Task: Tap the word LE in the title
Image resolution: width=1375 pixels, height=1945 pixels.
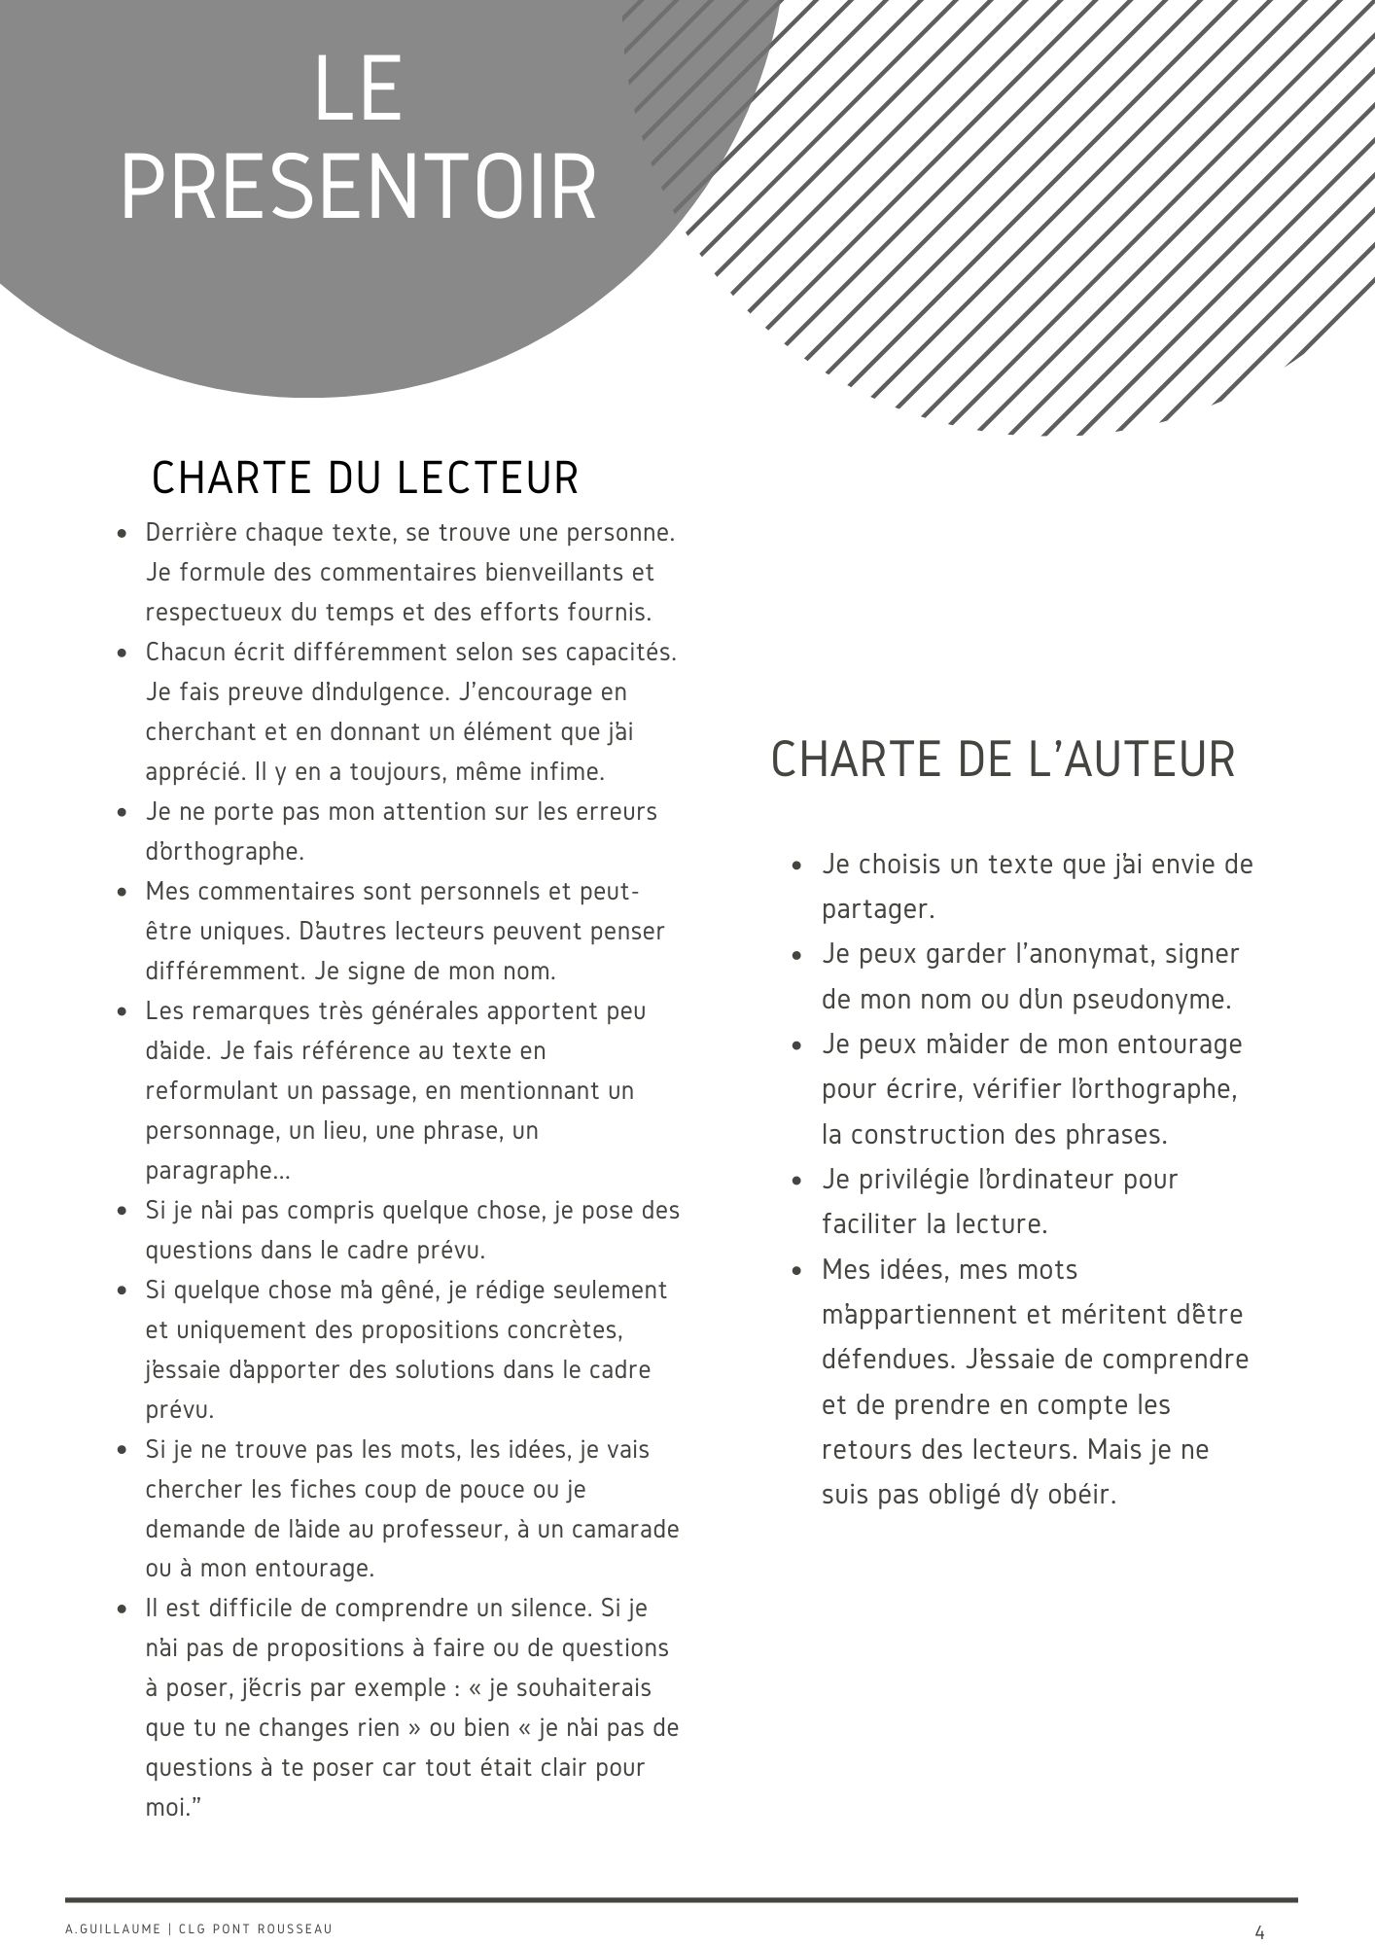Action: (358, 89)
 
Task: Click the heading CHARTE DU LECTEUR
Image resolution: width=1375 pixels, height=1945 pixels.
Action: (366, 477)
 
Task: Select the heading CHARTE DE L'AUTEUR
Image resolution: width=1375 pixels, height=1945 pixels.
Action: (1003, 760)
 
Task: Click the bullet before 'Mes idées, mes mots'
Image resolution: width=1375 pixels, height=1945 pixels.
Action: (797, 1270)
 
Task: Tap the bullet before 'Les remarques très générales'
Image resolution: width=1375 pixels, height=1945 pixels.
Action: (122, 1011)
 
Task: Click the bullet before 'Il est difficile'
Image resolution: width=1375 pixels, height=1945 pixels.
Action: (122, 1609)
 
